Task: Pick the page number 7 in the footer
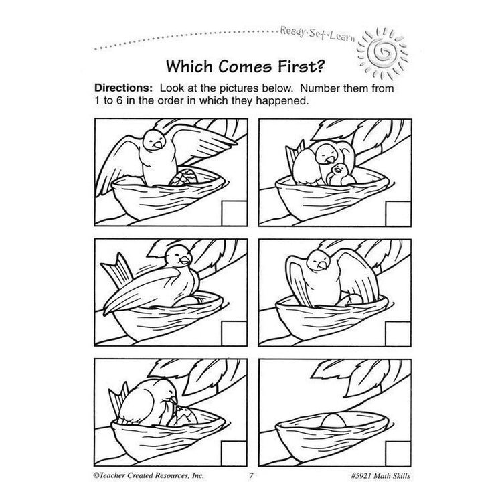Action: click(x=248, y=475)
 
